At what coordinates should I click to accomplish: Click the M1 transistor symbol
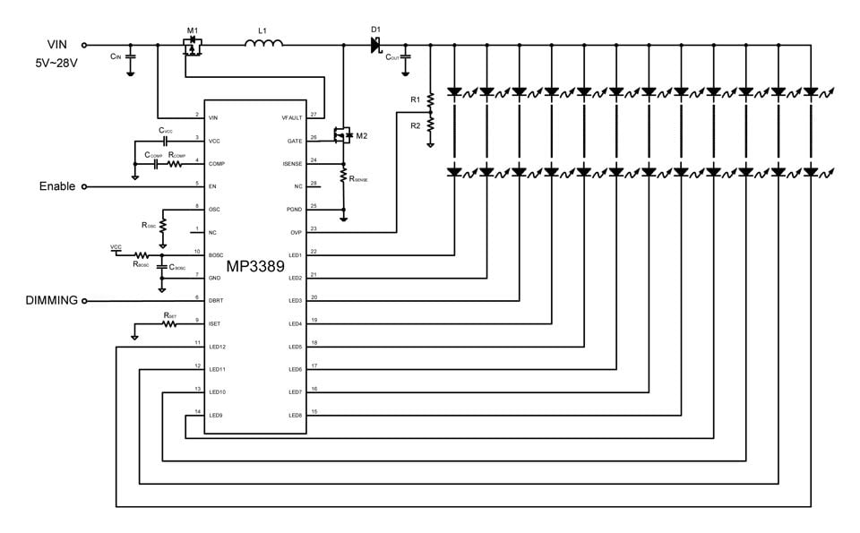(x=192, y=46)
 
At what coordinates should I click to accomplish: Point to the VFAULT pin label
(x=293, y=117)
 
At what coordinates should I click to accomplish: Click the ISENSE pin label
(x=294, y=163)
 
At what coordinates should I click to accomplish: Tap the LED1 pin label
(x=296, y=255)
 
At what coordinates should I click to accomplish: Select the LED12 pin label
(x=217, y=346)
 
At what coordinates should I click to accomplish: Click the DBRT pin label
(x=216, y=300)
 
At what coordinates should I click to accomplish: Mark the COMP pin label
(x=216, y=163)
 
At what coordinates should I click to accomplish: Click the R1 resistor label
(x=415, y=99)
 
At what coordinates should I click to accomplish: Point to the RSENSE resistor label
(x=359, y=179)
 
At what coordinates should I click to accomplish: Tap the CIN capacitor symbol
(x=131, y=56)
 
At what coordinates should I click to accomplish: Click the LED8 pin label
(x=296, y=415)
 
